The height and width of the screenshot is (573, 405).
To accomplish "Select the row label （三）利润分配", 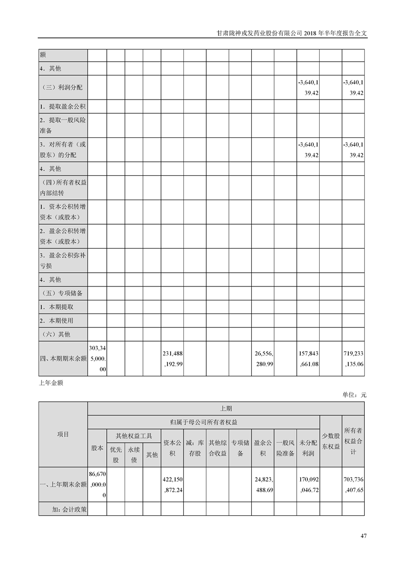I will pos(62,87).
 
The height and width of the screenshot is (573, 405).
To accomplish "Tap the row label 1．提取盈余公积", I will pos(63,107).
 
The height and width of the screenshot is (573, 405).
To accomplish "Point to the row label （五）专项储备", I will pos(62,294).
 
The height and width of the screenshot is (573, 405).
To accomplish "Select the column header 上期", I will pos(226,409).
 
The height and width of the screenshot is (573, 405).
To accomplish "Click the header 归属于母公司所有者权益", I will pos(204,422).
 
